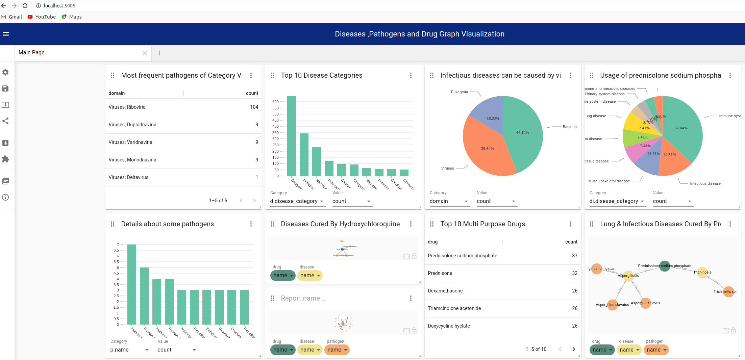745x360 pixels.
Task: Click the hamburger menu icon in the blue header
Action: click(x=6, y=34)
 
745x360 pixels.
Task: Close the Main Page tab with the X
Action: click(x=145, y=53)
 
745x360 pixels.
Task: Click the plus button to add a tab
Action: click(x=159, y=53)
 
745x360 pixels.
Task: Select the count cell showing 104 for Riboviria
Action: click(x=254, y=107)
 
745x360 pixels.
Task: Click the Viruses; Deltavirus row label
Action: click(x=128, y=177)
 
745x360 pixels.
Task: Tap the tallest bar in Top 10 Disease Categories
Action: click(x=291, y=135)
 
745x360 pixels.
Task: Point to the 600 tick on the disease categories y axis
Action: click(x=275, y=102)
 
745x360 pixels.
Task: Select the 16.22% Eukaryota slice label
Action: click(x=493, y=119)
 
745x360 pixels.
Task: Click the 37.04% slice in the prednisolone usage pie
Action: click(x=681, y=128)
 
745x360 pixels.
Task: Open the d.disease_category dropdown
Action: click(x=297, y=201)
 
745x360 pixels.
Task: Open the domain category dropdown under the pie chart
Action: click(x=448, y=201)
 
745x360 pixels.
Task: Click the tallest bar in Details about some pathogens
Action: click(x=132, y=284)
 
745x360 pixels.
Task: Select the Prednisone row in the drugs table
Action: click(x=440, y=273)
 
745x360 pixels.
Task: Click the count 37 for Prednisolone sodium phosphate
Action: click(x=574, y=256)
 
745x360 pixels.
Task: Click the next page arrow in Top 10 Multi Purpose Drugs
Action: click(x=573, y=349)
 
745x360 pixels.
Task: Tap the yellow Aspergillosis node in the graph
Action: click(x=628, y=276)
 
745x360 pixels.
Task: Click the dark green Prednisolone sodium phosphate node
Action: click(x=665, y=266)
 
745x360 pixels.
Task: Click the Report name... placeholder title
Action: click(x=303, y=298)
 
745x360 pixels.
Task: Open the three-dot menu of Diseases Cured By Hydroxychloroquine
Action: click(x=411, y=224)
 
